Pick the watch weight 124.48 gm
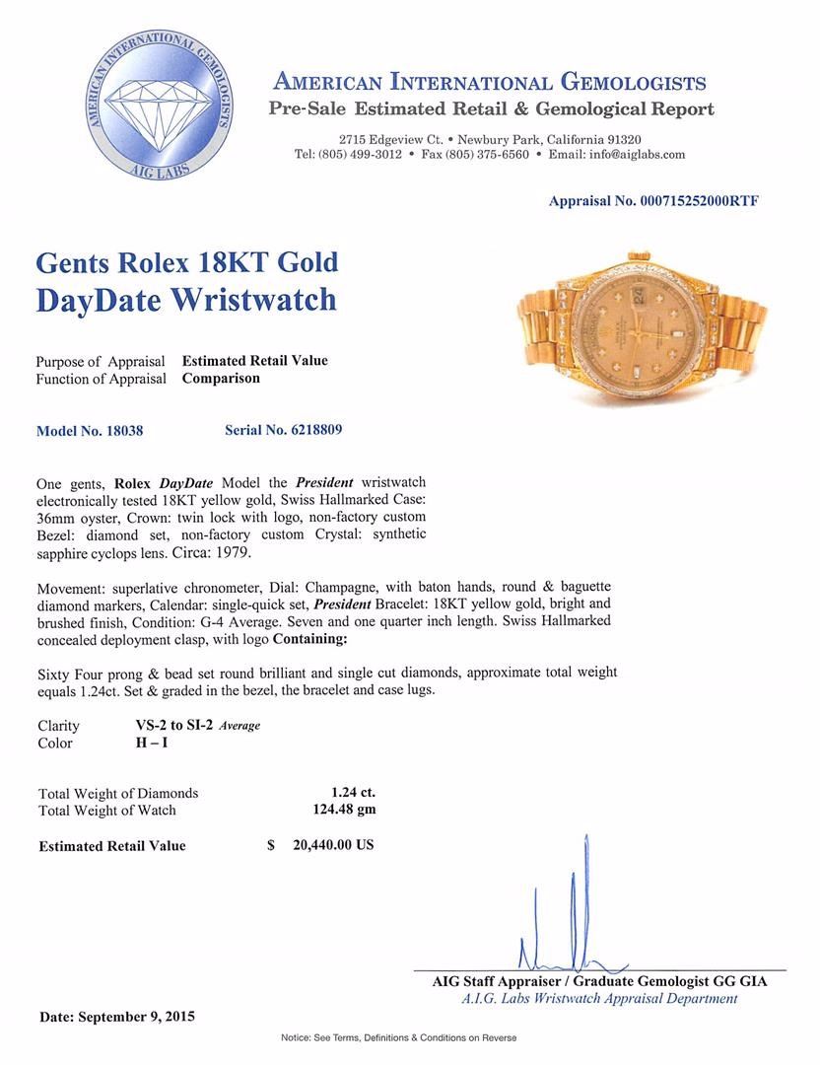coord(343,810)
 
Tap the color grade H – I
coord(152,743)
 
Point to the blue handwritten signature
coord(572,917)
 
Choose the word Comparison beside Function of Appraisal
coord(221,378)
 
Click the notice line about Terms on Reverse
coord(398,1037)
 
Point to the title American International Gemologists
coord(489,82)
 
